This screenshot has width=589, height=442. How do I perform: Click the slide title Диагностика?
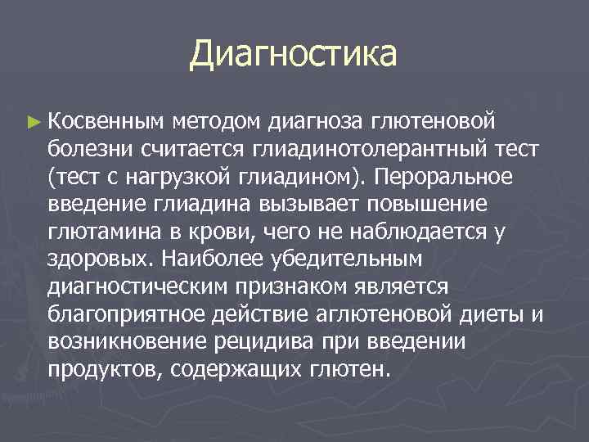(293, 55)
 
